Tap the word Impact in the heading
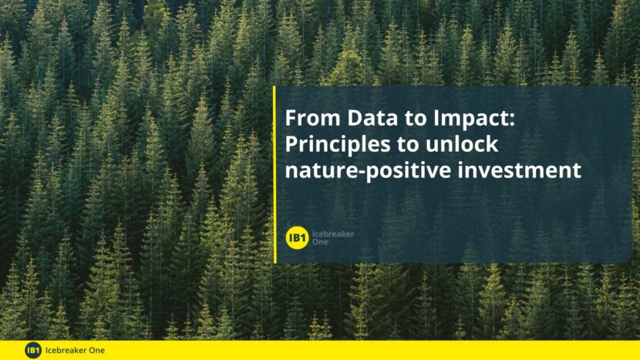click(470, 119)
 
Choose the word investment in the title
click(519, 170)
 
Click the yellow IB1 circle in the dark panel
click(297, 237)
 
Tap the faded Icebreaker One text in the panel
click(333, 237)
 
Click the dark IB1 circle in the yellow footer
click(33, 350)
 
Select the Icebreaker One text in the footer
click(75, 350)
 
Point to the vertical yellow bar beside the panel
click(275, 175)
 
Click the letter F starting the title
click(291, 118)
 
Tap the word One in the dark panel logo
click(320, 241)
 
